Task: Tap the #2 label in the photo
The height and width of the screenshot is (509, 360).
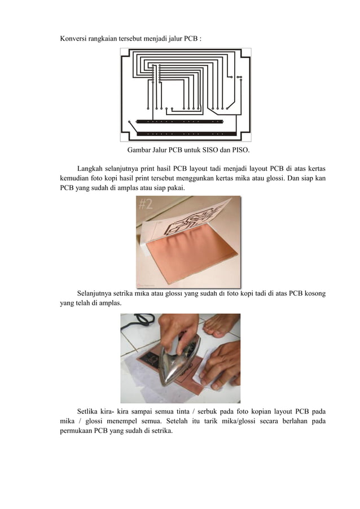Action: click(146, 204)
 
